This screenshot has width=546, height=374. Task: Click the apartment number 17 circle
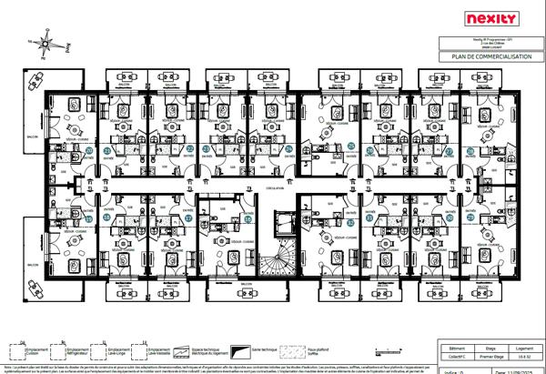188,218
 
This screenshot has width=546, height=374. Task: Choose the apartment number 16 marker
248,219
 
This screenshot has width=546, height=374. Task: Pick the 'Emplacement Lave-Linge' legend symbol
101,350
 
